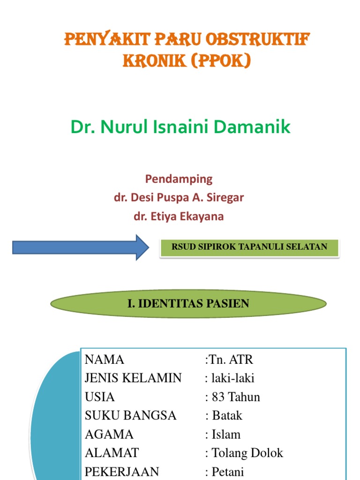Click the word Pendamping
[179, 179]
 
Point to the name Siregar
[226, 197]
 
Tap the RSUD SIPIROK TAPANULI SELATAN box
[249, 247]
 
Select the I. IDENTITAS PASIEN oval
[188, 303]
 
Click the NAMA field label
[105, 360]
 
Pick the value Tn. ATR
[230, 360]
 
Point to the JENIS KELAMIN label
[133, 378]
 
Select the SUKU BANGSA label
[131, 415]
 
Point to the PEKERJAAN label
[122, 471]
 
